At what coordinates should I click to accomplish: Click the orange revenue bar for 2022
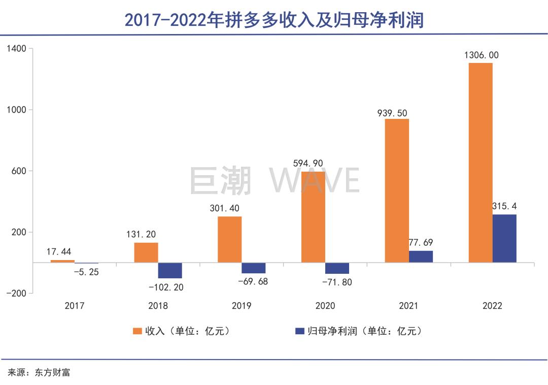pos(480,163)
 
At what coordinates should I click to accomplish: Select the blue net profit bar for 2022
pos(504,238)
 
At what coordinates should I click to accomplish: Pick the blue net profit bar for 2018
pos(170,270)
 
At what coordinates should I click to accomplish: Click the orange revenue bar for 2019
pos(229,239)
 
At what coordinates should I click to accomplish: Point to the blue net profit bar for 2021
pos(421,256)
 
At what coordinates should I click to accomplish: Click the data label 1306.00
pos(481,55)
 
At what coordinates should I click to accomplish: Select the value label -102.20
pos(165,287)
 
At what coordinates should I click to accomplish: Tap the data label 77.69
pos(421,243)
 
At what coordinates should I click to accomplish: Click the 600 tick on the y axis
pos(19,171)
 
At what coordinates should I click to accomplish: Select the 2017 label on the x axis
pos(75,306)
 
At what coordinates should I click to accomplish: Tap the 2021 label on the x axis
pos(408,306)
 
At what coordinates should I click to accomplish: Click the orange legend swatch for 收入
pos(137,331)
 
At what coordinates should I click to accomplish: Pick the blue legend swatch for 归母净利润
pos(299,331)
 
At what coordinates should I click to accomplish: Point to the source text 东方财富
pos(53,372)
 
